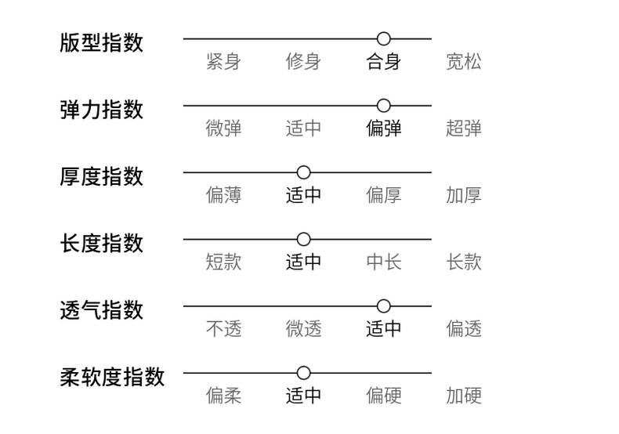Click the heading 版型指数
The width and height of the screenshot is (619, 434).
pyautogui.click(x=101, y=42)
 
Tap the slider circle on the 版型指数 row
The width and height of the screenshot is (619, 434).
pyautogui.click(x=383, y=38)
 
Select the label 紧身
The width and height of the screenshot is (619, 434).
pyautogui.click(x=223, y=62)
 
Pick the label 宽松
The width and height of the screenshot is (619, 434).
pyautogui.click(x=464, y=62)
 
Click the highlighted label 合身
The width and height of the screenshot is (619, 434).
pyautogui.click(x=383, y=62)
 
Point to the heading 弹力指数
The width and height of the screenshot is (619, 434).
pyautogui.click(x=101, y=109)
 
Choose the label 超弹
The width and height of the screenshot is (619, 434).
pyautogui.click(x=464, y=128)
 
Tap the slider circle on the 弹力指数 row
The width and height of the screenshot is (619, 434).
pyautogui.click(x=383, y=105)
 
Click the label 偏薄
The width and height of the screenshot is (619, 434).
pyautogui.click(x=223, y=195)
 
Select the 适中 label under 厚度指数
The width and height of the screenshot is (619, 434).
pyautogui.click(x=303, y=195)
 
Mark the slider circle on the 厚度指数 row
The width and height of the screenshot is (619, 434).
pyautogui.click(x=303, y=172)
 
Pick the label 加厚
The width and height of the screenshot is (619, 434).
pyautogui.click(x=464, y=195)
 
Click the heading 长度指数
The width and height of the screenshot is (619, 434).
pyautogui.click(x=101, y=243)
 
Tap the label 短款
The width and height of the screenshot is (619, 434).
pyautogui.click(x=223, y=262)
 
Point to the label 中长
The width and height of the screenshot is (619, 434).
pyautogui.click(x=383, y=262)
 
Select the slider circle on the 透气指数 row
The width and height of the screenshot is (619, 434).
pyautogui.click(x=383, y=306)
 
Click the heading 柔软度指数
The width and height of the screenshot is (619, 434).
pyautogui.click(x=112, y=377)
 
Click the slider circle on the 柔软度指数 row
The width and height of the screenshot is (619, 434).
pyautogui.click(x=303, y=373)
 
